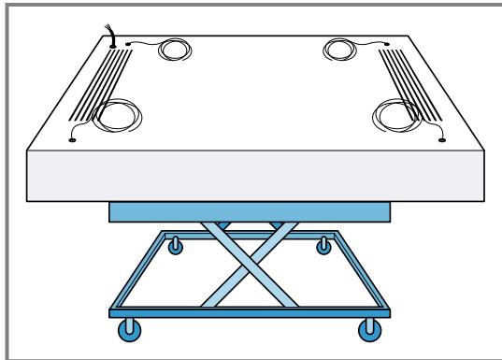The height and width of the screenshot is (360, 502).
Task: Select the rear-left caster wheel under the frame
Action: coord(173,247)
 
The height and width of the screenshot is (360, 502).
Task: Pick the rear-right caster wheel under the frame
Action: coord(323,247)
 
